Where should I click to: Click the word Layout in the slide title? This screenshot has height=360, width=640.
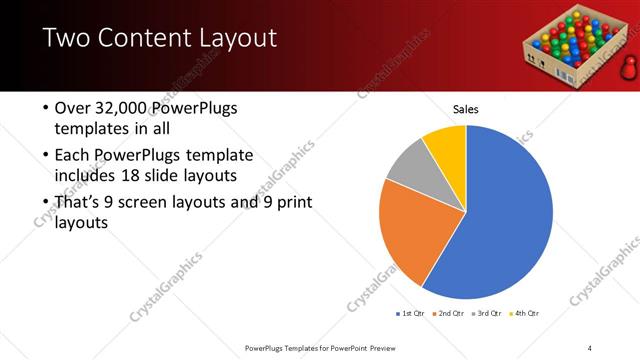231,41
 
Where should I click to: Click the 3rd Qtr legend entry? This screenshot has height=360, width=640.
490,314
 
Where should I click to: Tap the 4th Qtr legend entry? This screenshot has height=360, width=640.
527,314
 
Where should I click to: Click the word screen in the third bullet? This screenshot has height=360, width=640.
159,203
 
